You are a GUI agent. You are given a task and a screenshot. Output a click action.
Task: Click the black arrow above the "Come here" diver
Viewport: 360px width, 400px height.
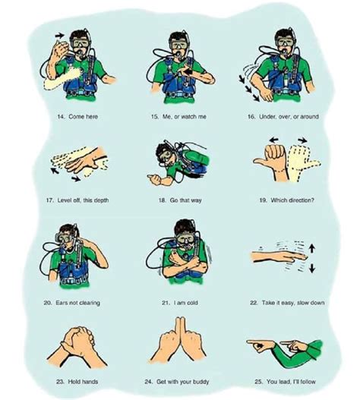(60, 34)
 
